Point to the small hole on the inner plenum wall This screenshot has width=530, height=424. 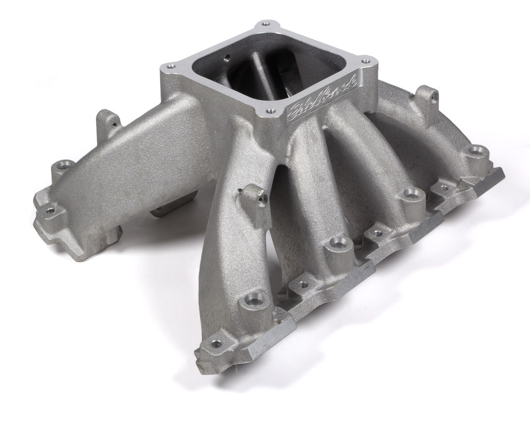click(228, 58)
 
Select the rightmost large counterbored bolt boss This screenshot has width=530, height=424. click(476, 151)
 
